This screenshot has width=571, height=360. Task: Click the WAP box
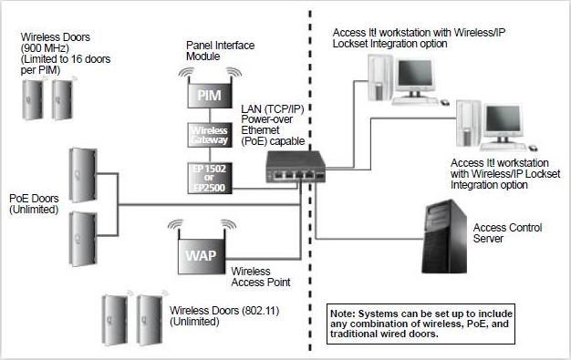pyautogui.click(x=200, y=254)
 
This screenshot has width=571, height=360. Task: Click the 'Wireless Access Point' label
pyautogui.click(x=261, y=276)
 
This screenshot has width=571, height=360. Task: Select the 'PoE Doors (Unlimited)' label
pyautogui.click(x=33, y=203)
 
